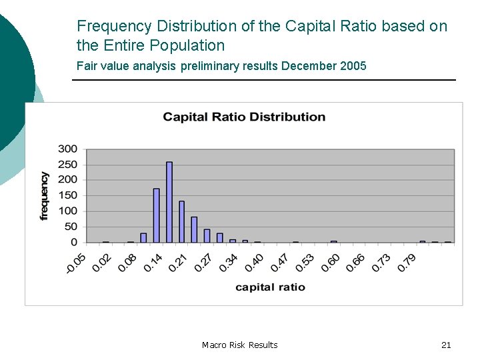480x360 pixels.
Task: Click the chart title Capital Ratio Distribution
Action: pyautogui.click(x=244, y=117)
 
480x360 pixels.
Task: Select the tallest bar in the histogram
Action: pyautogui.click(x=169, y=202)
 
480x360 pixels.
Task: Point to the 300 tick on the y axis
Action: pyautogui.click(x=67, y=149)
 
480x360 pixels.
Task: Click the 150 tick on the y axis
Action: pyautogui.click(x=67, y=195)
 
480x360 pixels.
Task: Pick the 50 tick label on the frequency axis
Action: pyautogui.click(x=70, y=227)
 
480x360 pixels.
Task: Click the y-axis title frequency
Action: pyautogui.click(x=45, y=195)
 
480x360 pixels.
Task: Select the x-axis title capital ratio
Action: pyautogui.click(x=270, y=287)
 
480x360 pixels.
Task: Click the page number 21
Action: pyautogui.click(x=446, y=345)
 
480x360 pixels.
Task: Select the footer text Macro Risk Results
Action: pyautogui.click(x=239, y=345)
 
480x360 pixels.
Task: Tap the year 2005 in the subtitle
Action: pyautogui.click(x=351, y=66)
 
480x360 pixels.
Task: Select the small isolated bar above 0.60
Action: pyautogui.click(x=334, y=241)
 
